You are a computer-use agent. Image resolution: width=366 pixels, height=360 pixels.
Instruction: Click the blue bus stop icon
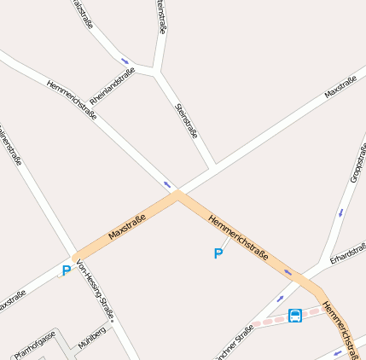click(295, 316)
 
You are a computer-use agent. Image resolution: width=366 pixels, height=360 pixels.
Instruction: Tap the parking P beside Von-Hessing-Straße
click(66, 271)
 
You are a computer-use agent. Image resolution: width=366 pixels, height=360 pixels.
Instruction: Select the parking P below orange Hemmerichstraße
click(218, 253)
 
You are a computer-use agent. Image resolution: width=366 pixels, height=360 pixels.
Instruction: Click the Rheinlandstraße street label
click(113, 87)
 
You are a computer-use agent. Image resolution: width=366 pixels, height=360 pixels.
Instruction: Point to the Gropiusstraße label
click(357, 162)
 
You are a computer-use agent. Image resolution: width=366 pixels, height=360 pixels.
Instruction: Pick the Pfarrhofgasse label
click(34, 344)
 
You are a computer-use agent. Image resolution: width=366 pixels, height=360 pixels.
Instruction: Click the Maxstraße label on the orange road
click(127, 227)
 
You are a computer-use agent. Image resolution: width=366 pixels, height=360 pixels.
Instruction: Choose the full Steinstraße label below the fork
click(186, 120)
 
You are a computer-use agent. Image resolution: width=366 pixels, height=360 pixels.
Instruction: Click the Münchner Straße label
click(234, 341)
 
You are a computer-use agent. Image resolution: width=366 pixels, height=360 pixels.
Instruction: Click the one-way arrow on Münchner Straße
click(281, 299)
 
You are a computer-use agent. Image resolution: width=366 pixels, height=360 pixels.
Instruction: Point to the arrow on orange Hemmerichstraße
click(288, 272)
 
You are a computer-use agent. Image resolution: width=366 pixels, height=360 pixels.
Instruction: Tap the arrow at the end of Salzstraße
click(126, 61)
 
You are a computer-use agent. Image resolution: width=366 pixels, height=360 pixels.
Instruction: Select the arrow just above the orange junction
click(167, 184)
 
